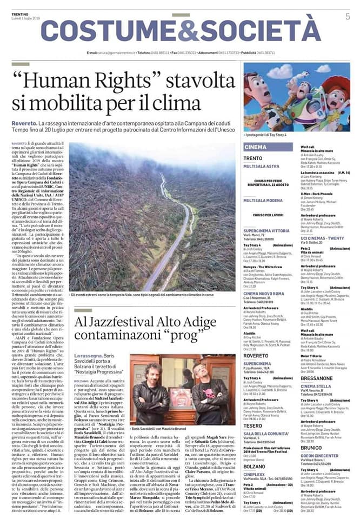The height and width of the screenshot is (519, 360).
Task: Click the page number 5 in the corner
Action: click(x=347, y=17)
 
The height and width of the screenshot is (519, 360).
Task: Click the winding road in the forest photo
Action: click(x=162, y=227)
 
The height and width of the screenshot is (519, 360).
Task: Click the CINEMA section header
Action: click(x=256, y=147)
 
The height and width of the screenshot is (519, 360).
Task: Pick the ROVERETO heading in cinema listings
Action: click(x=257, y=341)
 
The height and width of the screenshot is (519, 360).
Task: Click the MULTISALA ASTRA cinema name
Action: click(x=262, y=167)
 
